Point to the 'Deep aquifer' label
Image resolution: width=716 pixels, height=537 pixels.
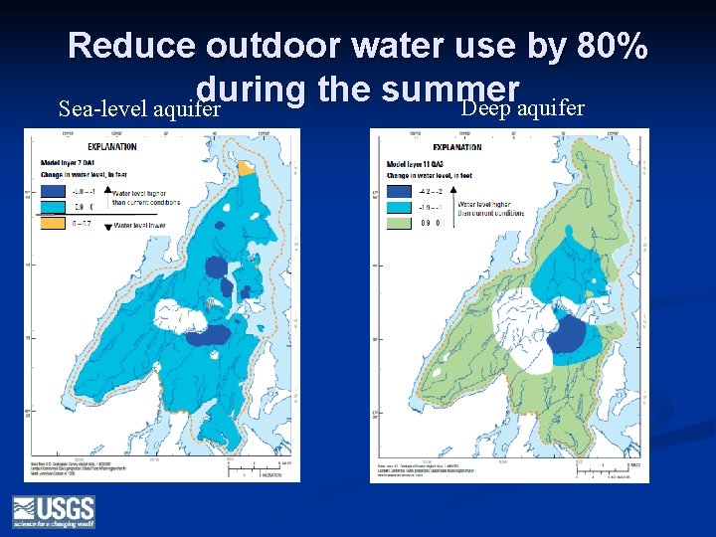(x=523, y=107)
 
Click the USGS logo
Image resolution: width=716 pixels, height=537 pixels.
(x=53, y=511)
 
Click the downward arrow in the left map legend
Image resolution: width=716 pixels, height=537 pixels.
(x=107, y=227)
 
